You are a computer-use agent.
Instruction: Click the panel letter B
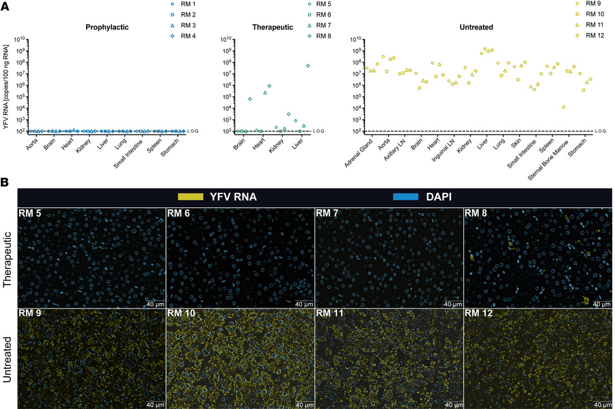[5, 183]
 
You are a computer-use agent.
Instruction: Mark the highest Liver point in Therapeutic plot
[308, 66]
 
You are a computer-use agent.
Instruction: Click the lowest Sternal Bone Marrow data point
[563, 107]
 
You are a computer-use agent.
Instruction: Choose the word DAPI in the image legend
[439, 196]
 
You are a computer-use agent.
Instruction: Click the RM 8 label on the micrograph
[476, 213]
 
